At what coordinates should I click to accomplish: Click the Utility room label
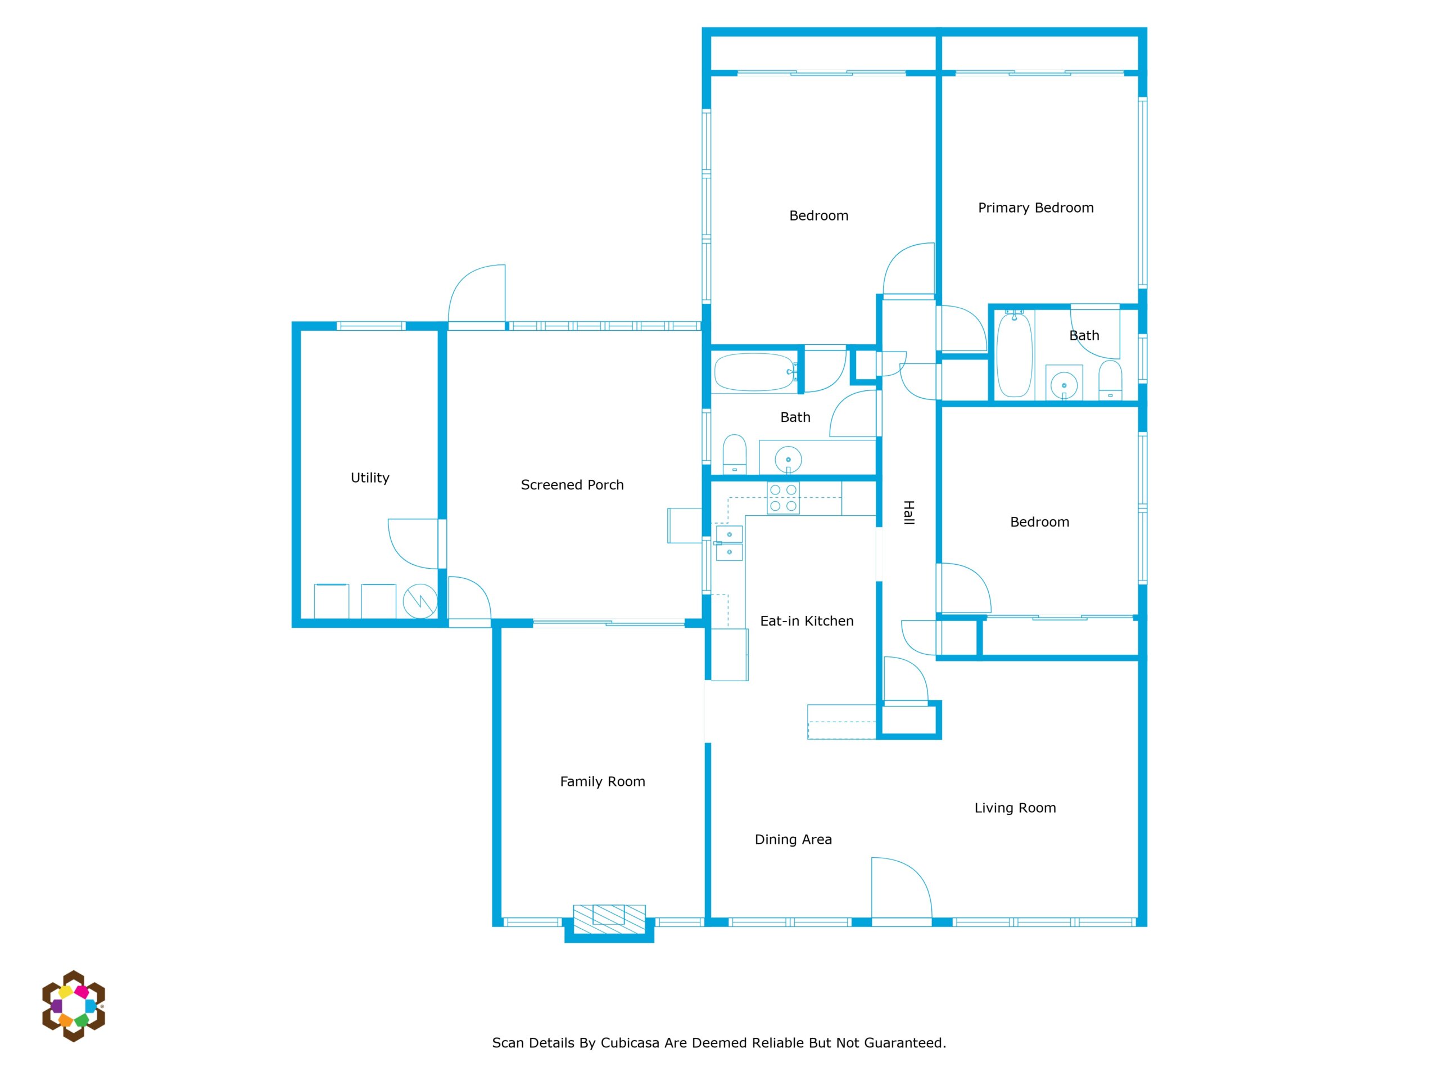370,478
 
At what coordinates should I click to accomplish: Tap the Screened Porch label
572,485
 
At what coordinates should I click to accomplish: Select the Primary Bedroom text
1035,208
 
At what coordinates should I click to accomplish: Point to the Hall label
909,512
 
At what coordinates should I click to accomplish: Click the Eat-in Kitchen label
807,621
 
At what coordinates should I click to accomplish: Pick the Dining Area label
793,840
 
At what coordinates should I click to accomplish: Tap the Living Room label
1015,808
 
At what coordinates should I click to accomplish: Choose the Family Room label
603,781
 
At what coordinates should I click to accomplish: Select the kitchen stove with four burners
783,498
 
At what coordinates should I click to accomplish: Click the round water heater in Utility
419,601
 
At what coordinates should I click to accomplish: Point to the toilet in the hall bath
735,454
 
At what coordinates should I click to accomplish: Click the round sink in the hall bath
789,459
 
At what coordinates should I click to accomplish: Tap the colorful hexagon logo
74,1006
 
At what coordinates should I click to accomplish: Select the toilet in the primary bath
1110,380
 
